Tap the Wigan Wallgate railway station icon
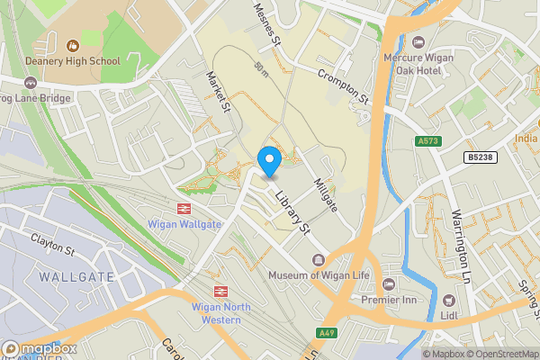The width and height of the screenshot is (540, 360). point(182,207)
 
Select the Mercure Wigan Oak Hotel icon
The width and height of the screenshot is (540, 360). point(418,42)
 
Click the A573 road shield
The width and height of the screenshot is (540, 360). point(427,141)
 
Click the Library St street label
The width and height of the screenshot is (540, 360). point(292,212)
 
